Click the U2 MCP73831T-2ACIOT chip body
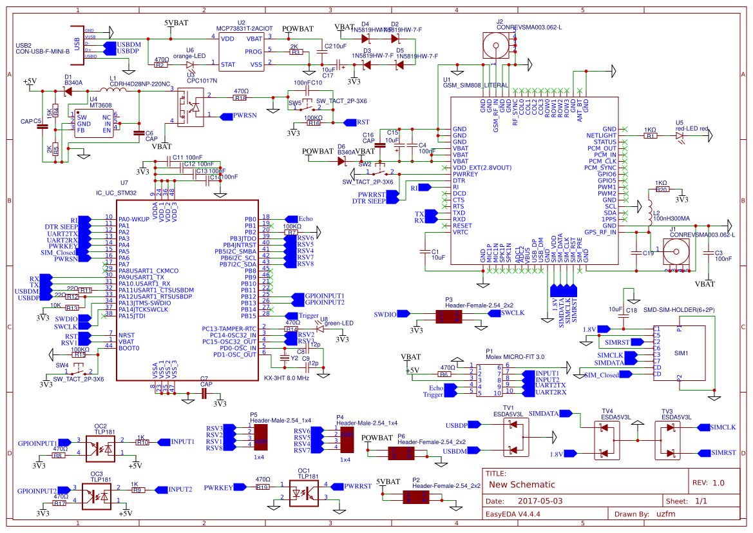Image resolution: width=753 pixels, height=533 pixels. pos(241,52)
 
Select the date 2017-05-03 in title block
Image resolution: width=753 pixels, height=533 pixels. pos(540,501)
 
